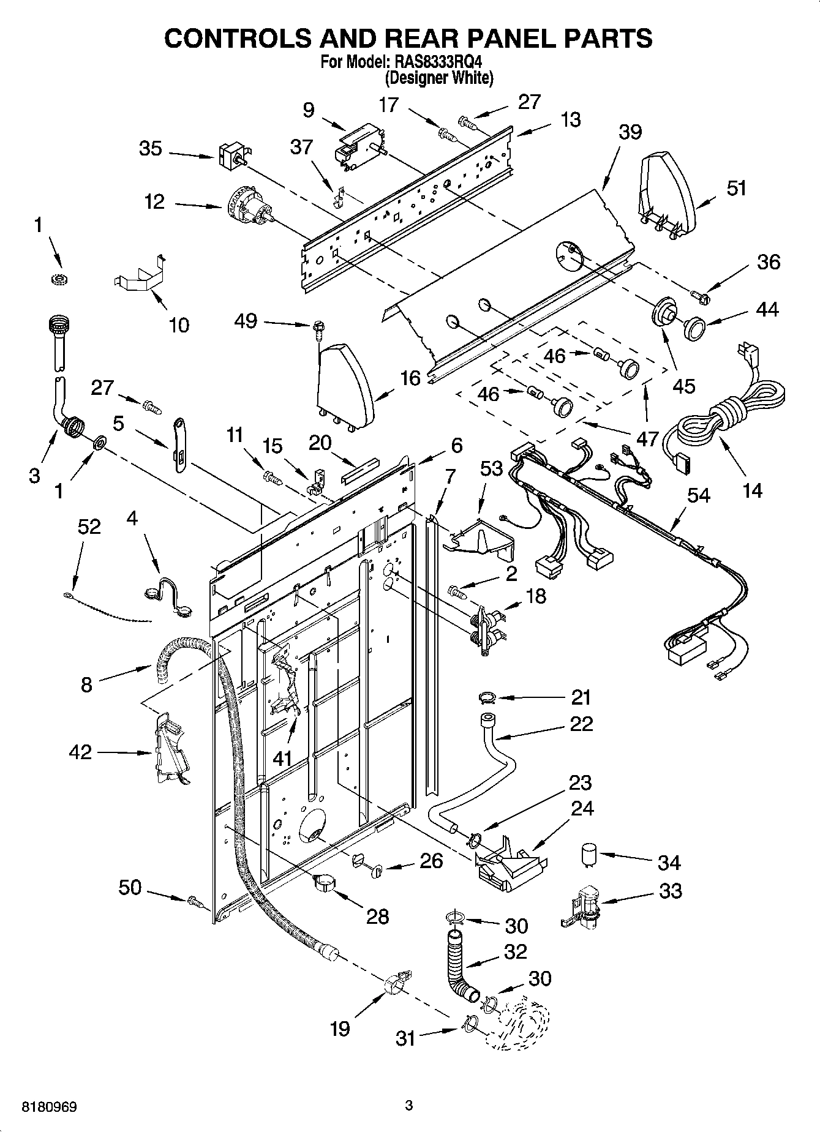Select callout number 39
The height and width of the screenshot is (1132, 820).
pos(630,132)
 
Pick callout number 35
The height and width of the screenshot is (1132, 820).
pos(150,149)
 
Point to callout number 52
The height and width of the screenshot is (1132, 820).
pos(89,527)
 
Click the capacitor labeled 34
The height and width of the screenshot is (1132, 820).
pos(589,853)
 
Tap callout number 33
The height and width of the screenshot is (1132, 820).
pos(670,891)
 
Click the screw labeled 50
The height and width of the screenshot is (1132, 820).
pos(195,901)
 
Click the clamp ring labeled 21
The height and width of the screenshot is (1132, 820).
pos(487,697)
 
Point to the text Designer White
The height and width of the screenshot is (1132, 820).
pos(439,78)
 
